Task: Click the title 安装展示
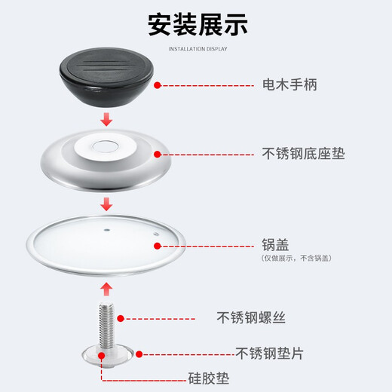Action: tap(198, 25)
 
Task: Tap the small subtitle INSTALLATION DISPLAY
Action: tap(198, 49)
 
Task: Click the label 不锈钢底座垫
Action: tap(303, 154)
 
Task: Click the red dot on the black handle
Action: tap(157, 86)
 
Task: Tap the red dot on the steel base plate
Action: tap(158, 154)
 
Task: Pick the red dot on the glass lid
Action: tap(158, 244)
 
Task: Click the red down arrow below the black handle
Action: tap(107, 120)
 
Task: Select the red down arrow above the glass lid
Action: tap(107, 204)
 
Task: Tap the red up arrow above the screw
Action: tap(107, 288)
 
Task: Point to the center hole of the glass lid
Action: tap(107, 224)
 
